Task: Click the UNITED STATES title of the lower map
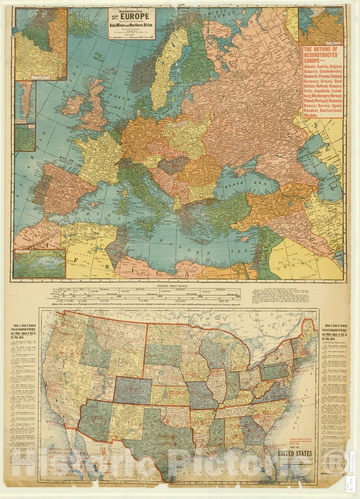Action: [295, 454]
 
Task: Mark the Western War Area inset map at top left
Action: [40, 44]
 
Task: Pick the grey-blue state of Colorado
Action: [132, 391]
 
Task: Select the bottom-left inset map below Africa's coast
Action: [40, 263]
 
